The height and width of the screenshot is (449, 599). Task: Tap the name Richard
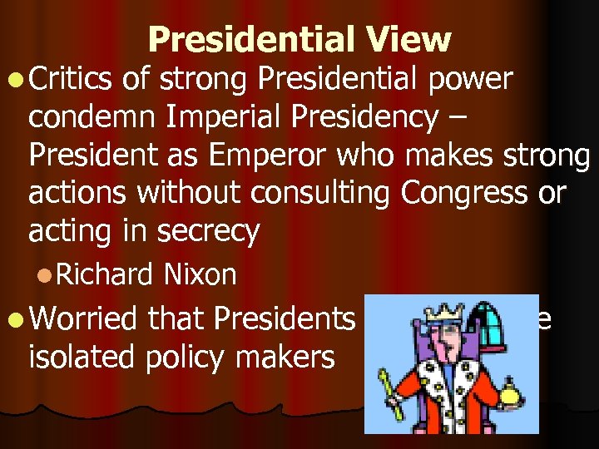(116, 274)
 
